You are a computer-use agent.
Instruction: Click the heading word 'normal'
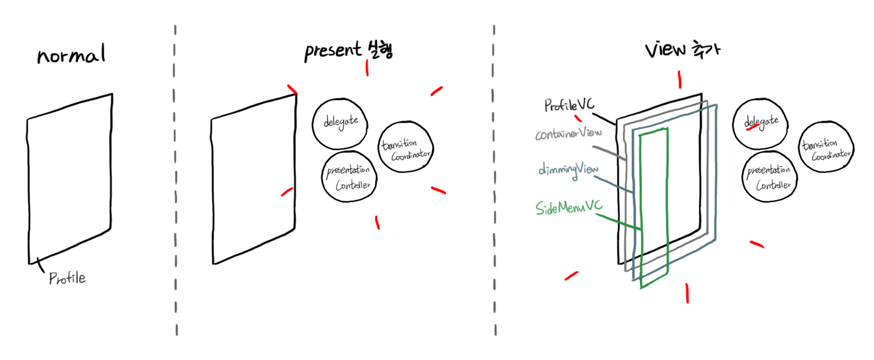(71, 56)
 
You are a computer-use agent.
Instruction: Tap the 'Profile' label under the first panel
(67, 278)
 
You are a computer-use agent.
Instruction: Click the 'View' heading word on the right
(664, 51)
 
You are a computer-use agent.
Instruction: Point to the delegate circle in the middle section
(339, 123)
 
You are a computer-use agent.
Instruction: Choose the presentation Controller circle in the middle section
(349, 177)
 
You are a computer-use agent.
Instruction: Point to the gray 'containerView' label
(567, 134)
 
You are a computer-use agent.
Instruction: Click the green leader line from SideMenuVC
(620, 224)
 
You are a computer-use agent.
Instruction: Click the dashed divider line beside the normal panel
(175, 180)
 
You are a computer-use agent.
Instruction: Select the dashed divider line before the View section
(495, 180)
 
